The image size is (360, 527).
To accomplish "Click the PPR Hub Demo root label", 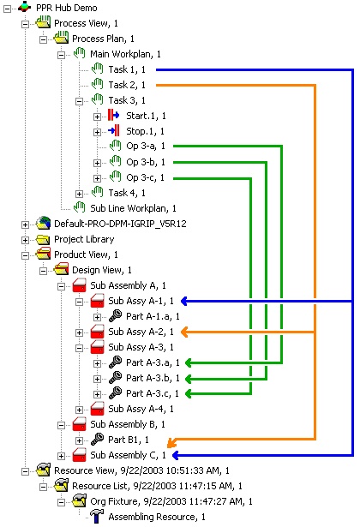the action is pyautogui.click(x=67, y=8).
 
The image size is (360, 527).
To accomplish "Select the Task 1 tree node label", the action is pyautogui.click(x=127, y=69).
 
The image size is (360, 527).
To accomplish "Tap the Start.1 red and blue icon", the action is pyautogui.click(x=114, y=116).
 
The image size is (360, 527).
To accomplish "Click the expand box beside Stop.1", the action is pyautogui.click(x=97, y=132).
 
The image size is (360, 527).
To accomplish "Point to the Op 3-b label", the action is pyautogui.click(x=146, y=162).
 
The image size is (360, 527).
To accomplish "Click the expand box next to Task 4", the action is pyautogui.click(x=79, y=194).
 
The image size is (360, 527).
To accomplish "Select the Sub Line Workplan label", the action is pyautogui.click(x=133, y=208).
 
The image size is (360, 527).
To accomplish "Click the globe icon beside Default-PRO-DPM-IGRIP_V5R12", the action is pyautogui.click(x=43, y=223).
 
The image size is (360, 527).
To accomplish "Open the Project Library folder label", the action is pyautogui.click(x=84, y=239).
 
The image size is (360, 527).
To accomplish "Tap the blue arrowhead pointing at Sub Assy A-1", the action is pyautogui.click(x=184, y=301).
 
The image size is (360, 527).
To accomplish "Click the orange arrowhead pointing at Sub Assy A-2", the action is pyautogui.click(x=184, y=332).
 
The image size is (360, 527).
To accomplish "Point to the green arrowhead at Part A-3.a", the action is pyautogui.click(x=189, y=363).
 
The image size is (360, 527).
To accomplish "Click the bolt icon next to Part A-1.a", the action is pyautogui.click(x=116, y=316).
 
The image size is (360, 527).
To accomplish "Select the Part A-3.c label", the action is pyautogui.click(x=153, y=393).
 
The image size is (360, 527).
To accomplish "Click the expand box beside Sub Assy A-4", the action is pyautogui.click(x=79, y=410).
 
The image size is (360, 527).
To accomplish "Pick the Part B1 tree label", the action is pyautogui.click(x=128, y=440).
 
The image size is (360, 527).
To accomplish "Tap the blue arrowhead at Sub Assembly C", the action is pyautogui.click(x=175, y=455).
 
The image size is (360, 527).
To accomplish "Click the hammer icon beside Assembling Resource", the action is pyautogui.click(x=97, y=517).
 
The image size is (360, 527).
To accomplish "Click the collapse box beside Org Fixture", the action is pyautogui.click(x=61, y=502).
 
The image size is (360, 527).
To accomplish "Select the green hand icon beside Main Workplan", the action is pyautogui.click(x=80, y=53).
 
